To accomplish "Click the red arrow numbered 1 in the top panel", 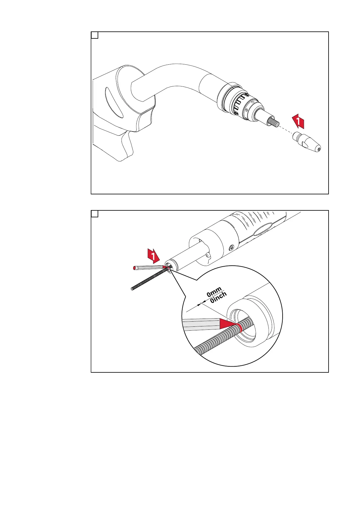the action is pos(298,121).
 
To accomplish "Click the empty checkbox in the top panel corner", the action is pos(95,35).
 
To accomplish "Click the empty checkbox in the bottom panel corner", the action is pos(95,214).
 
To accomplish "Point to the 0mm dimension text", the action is pos(214,292).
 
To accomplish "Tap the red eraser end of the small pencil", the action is pos(134,268).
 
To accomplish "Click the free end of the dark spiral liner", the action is pos(132,289).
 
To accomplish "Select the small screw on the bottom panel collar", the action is pos(231,247).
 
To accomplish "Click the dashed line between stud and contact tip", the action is pos(286,130).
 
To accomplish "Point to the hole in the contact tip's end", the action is pos(319,149).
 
